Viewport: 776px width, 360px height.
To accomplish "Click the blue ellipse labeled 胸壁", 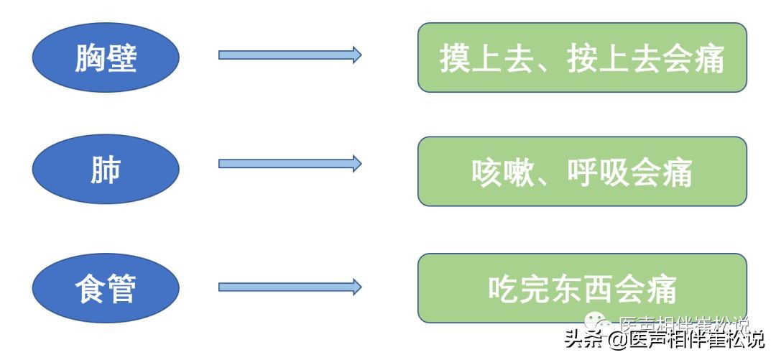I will pyautogui.click(x=106, y=57).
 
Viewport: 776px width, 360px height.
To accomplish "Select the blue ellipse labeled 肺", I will pyautogui.click(x=106, y=169).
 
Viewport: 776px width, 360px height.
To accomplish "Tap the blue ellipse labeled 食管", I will pyautogui.click(x=106, y=288).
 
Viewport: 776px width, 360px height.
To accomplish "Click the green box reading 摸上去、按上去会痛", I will pyautogui.click(x=582, y=57).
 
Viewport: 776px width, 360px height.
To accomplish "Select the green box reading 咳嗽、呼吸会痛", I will pyautogui.click(x=582, y=171).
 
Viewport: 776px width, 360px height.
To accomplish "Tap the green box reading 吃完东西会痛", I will pyautogui.click(x=582, y=288).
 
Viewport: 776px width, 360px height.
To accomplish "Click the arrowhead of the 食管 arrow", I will pyautogui.click(x=356, y=287).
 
